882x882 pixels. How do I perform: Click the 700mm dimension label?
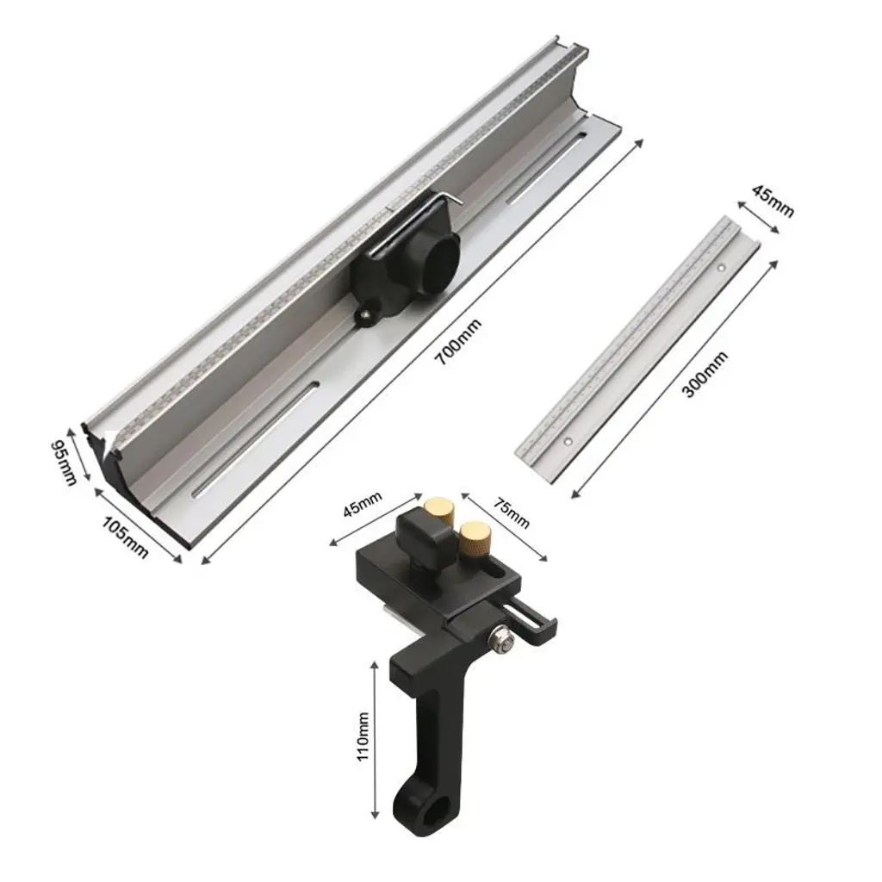pyautogui.click(x=460, y=342)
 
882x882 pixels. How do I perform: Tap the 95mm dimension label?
pyautogui.click(x=64, y=463)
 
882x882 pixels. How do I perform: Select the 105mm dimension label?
pyautogui.click(x=125, y=537)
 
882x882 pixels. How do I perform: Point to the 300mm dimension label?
pyautogui.click(x=705, y=375)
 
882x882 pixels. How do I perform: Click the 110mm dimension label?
pyautogui.click(x=363, y=736)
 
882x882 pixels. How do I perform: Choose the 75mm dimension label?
pyautogui.click(x=512, y=513)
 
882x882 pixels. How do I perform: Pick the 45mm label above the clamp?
pyautogui.click(x=363, y=506)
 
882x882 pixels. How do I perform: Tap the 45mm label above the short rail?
pyautogui.click(x=773, y=202)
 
